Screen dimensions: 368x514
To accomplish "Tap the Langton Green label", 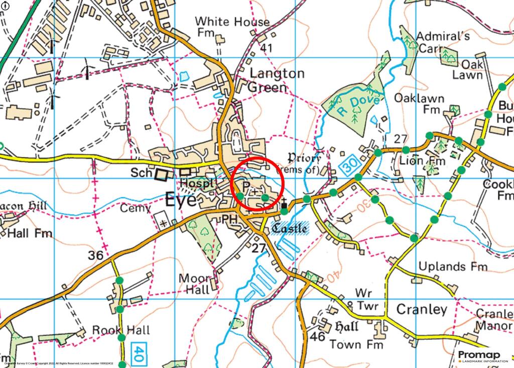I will click(x=277, y=80).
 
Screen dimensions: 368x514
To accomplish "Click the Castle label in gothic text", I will click(x=290, y=228).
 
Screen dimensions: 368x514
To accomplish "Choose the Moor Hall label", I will click(x=194, y=284).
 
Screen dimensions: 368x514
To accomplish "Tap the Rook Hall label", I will click(x=121, y=330).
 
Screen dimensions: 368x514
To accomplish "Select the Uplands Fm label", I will click(x=453, y=266).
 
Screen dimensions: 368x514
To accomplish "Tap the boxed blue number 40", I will click(x=139, y=350).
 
